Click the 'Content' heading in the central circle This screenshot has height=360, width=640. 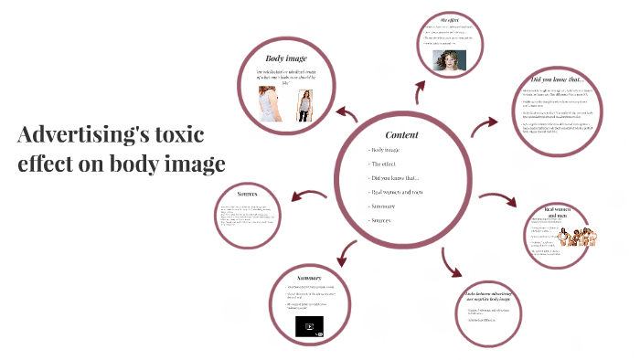pos(401,134)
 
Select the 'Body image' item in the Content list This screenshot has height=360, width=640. pos(383,149)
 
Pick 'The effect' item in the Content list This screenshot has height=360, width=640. pos(381,164)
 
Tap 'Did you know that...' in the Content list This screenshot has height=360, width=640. pos(393,177)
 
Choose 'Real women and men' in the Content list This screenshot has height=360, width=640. pos(397,192)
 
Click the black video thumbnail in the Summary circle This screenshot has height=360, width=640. pos(308,326)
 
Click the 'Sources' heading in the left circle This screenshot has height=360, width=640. pos(248,194)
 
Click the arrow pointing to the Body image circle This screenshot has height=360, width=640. pos(347,114)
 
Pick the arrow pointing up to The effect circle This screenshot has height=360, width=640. pos(420,89)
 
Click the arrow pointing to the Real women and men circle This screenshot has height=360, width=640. pos(497,199)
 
